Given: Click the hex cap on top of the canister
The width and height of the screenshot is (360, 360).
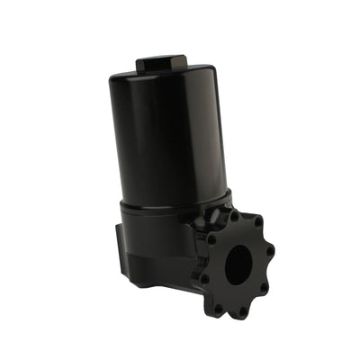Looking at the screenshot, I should click(x=162, y=63).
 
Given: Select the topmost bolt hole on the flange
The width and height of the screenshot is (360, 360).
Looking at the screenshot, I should click(x=235, y=217).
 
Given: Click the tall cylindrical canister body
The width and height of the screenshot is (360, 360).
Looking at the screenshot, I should click(x=171, y=135).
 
